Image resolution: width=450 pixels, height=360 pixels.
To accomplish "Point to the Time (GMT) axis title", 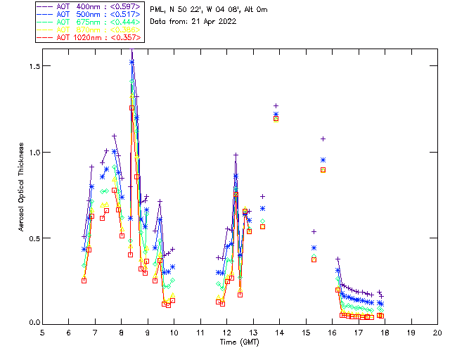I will coord(239,342).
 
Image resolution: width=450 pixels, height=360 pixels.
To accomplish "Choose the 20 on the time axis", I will coord(437,333).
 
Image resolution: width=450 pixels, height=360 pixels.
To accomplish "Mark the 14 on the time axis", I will coord(279,333).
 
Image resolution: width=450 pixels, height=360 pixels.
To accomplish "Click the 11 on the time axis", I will coord(200,333).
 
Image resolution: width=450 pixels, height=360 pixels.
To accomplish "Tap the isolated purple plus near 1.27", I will coord(276,105).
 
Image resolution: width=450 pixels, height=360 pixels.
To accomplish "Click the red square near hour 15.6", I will coord(323,169).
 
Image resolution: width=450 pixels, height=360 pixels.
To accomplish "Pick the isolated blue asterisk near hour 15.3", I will coord(314,247).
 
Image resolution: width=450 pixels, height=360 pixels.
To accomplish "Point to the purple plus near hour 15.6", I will coord(323,139).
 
